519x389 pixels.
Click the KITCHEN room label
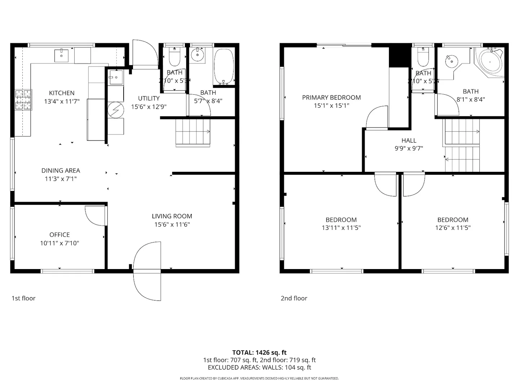(x=62, y=93)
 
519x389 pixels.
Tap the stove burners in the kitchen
(x=23, y=99)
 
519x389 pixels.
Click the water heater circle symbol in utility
(x=116, y=110)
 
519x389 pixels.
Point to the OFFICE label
(x=59, y=234)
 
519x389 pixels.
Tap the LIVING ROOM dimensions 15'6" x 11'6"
(x=172, y=224)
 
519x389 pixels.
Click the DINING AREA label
(x=61, y=170)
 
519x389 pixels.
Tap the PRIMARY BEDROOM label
(x=331, y=97)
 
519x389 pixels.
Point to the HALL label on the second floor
(x=409, y=140)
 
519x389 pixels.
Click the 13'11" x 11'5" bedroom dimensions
(x=341, y=228)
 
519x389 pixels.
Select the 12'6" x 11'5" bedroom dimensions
(x=453, y=228)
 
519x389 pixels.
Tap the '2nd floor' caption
(x=294, y=298)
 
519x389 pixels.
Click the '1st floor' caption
(x=23, y=298)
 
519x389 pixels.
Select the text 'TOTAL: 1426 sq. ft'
(x=259, y=353)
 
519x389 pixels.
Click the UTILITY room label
(x=148, y=98)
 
